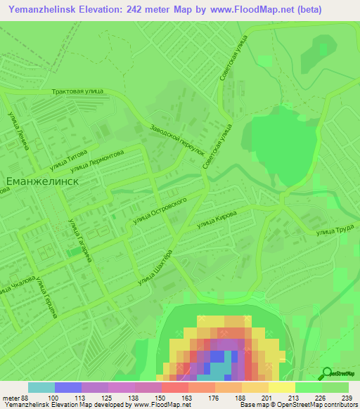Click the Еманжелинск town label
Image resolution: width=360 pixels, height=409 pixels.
point(41,181)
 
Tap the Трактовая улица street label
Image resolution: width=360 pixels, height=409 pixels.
point(78,92)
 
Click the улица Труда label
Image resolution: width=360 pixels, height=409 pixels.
point(334,230)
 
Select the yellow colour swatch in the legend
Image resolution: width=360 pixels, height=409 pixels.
point(281,387)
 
